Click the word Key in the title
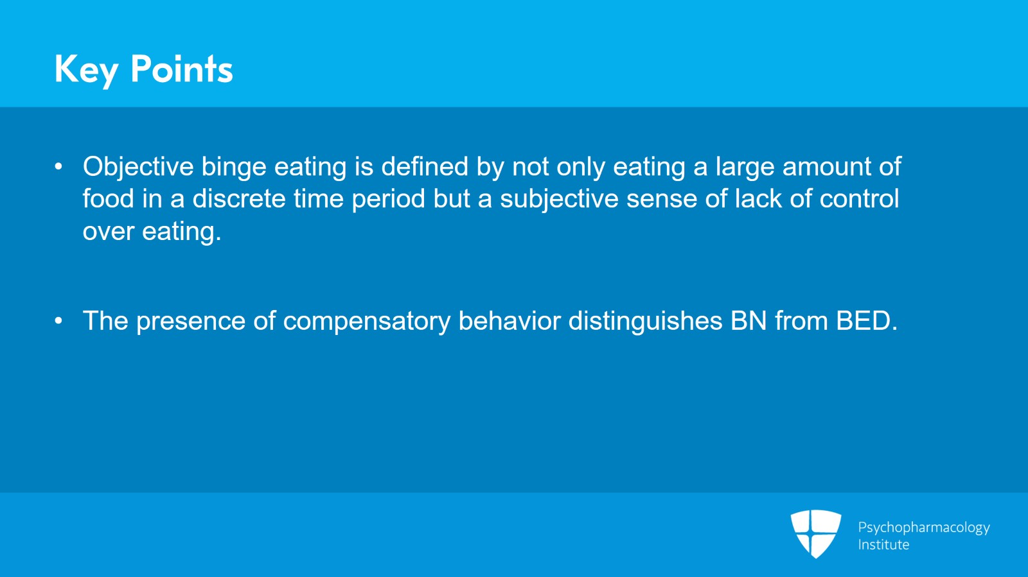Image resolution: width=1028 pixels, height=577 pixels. coord(85,71)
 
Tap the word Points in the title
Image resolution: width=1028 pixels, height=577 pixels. coord(182,69)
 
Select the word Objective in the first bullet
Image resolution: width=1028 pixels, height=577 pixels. coord(138,168)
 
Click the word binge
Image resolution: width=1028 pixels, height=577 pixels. coord(234,168)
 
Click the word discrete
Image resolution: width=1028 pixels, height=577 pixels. coord(239,199)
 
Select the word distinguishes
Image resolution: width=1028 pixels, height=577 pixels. coord(645,322)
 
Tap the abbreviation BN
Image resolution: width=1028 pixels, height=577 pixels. coord(749,321)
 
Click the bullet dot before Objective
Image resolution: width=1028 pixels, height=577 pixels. coord(58,166)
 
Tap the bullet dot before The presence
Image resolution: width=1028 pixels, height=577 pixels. coord(58,321)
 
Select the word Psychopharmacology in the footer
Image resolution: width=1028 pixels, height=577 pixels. coord(924,528)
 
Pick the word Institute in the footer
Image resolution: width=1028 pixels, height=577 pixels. coord(883,545)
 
